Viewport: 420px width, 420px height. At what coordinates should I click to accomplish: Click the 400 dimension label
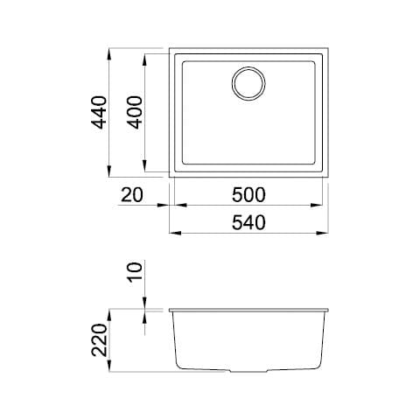[135, 113]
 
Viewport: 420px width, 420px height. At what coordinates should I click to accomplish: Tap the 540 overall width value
[248, 222]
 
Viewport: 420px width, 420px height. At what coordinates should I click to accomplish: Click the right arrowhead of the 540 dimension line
[324, 234]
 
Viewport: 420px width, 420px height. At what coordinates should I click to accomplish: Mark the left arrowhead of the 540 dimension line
[173, 234]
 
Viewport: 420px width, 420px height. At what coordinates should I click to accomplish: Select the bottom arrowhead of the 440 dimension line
[108, 174]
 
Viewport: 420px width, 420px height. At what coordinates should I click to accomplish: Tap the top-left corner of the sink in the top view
[171, 48]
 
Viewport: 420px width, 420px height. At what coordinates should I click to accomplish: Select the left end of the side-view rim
[169, 309]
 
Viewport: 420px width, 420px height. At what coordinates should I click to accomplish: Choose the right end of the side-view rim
[329, 309]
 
